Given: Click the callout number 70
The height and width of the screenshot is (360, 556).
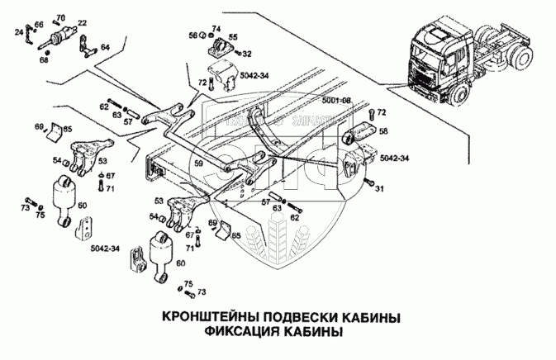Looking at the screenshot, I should coord(60,17).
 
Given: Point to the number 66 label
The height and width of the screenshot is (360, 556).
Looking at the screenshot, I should coord(39,26).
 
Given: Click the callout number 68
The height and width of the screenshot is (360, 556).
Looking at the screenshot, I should coord(45,59).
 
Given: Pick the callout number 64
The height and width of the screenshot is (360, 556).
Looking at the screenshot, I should coord(105,47).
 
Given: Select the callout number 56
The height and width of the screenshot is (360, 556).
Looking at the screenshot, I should coord(192,36).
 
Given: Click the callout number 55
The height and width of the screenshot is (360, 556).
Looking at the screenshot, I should coord(232,37).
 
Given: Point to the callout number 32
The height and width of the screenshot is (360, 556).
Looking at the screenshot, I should coord(245,53).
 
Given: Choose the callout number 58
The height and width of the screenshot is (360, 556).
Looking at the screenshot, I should coord(383,131).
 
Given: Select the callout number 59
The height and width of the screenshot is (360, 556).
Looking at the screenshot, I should coord(198,163).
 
